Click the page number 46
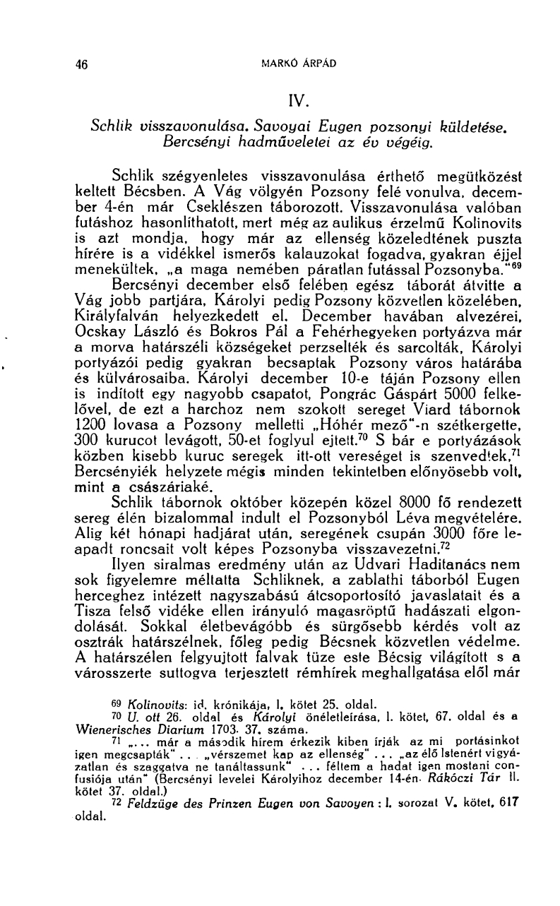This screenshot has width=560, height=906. click(81, 64)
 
